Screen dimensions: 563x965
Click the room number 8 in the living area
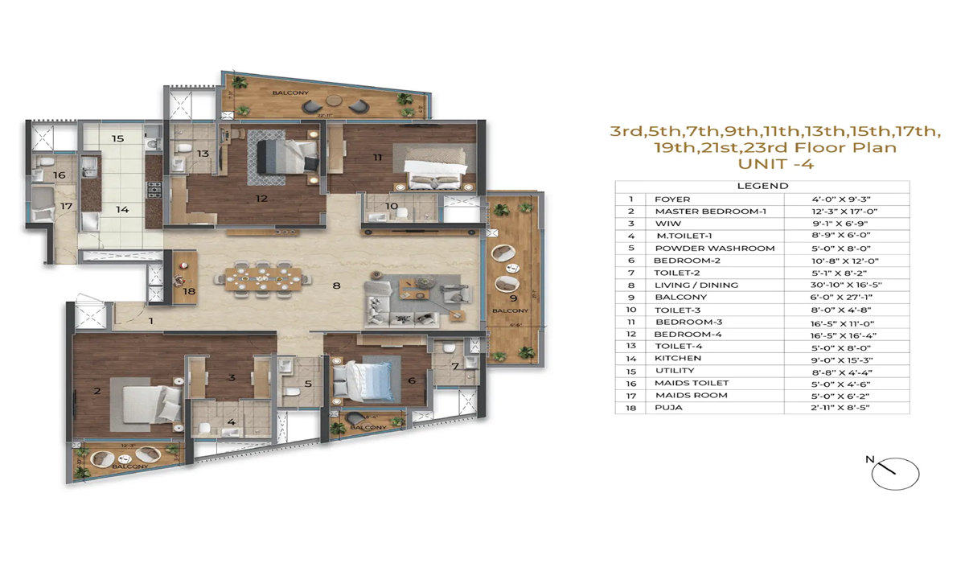(x=336, y=285)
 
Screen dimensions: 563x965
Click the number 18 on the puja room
(x=188, y=291)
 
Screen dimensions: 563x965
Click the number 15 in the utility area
(x=117, y=138)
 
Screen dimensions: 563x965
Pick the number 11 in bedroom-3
(x=377, y=158)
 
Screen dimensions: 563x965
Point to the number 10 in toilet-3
(x=391, y=206)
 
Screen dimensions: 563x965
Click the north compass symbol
(x=894, y=474)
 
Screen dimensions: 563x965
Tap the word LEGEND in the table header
(x=762, y=186)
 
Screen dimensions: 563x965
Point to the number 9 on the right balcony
(x=511, y=284)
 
